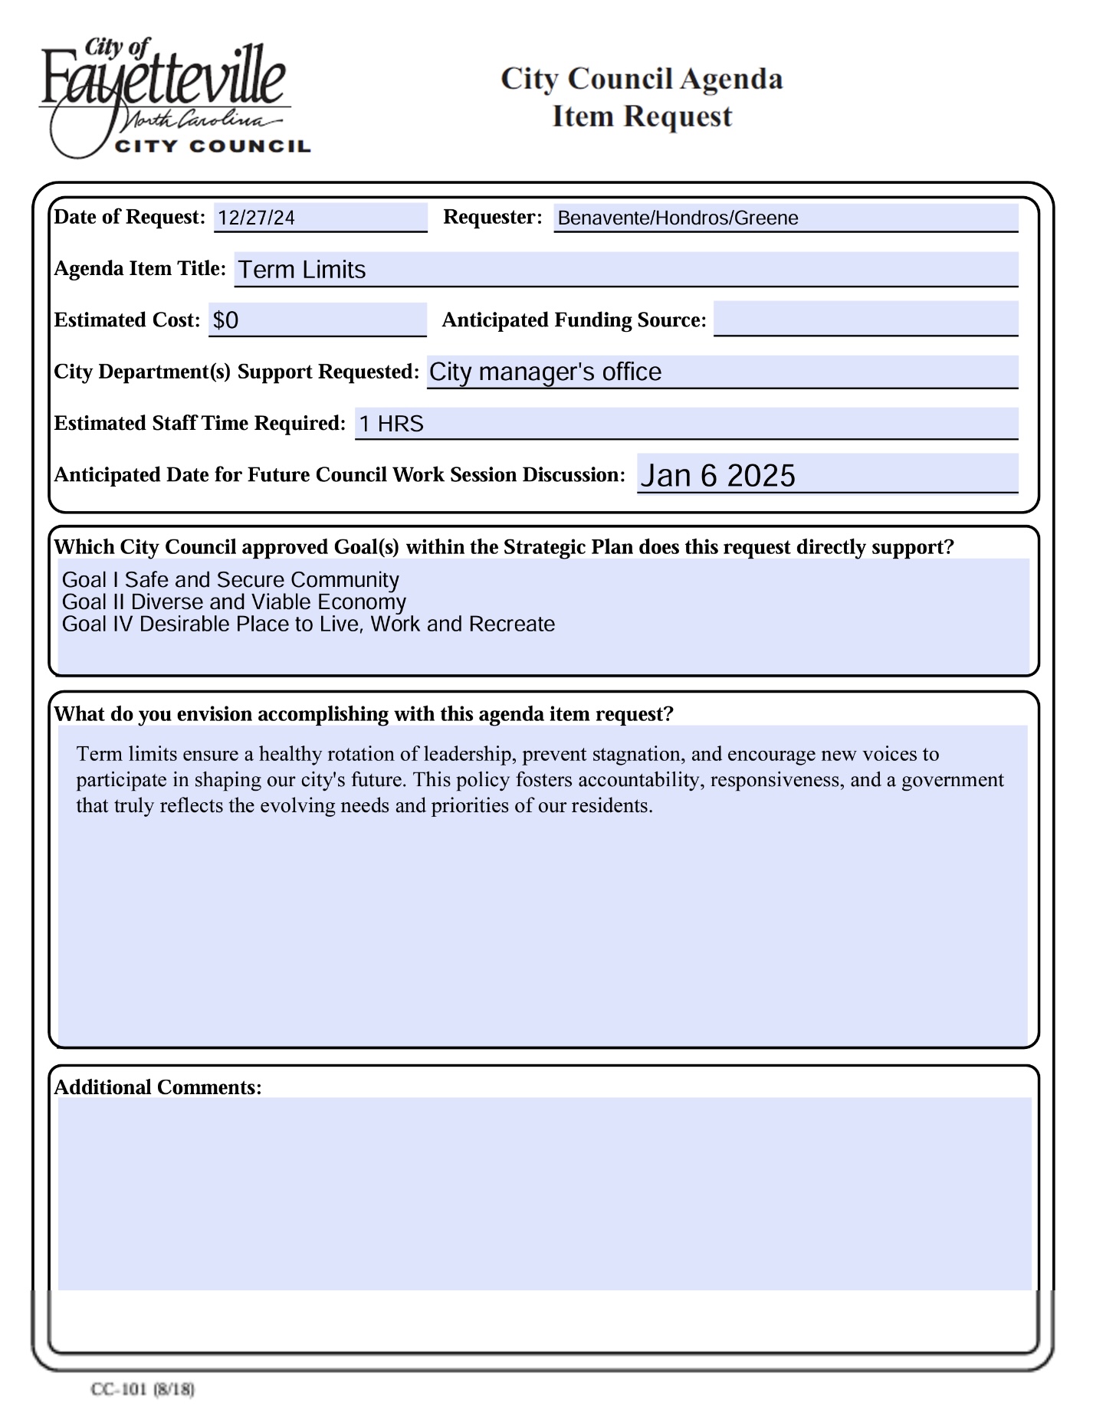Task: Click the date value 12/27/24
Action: (x=256, y=218)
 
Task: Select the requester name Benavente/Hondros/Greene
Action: (x=678, y=218)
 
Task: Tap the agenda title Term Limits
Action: (x=301, y=270)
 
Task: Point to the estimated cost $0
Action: (x=226, y=320)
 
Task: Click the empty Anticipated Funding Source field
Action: (x=865, y=319)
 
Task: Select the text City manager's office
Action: (x=545, y=372)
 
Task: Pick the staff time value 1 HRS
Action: (x=391, y=424)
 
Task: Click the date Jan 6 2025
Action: (x=717, y=476)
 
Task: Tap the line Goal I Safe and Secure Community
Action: (x=230, y=580)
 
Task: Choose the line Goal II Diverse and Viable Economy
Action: (x=234, y=602)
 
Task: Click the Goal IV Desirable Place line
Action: (x=308, y=624)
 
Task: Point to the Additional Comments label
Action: (x=158, y=1087)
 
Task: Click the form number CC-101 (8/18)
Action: (x=143, y=1388)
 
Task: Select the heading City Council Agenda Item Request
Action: (x=642, y=97)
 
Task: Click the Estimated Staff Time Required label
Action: (x=199, y=424)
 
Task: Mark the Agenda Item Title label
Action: (x=139, y=269)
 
